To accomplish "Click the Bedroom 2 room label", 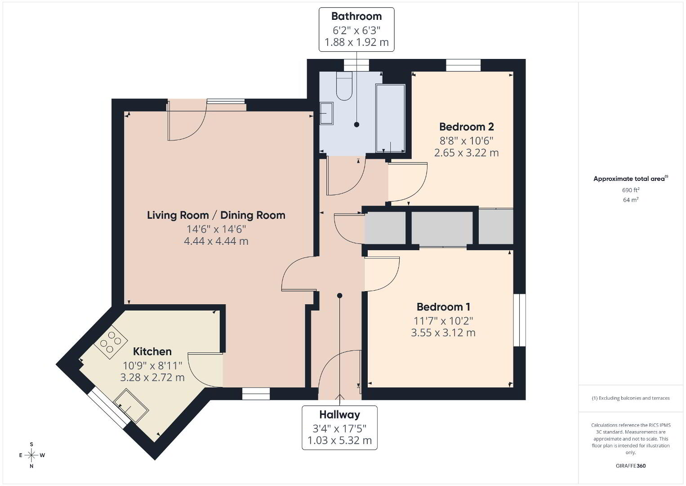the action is click(467, 126).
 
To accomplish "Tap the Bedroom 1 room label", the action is click(443, 306).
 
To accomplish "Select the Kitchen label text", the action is click(152, 351).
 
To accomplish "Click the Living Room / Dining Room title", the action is click(216, 215).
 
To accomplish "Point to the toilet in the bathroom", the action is click(344, 86).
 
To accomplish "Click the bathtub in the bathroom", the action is click(391, 118).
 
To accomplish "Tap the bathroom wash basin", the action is click(326, 113).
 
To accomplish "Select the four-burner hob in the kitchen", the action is click(111, 342).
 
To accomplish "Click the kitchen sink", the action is click(131, 405).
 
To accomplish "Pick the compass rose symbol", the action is click(31, 455).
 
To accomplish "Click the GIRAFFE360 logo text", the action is click(631, 466).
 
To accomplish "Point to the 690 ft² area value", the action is click(631, 190).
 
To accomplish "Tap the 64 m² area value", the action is click(631, 200).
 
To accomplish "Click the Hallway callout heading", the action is click(340, 414).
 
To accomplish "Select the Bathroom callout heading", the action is click(356, 16).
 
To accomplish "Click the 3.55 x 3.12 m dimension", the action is click(443, 333).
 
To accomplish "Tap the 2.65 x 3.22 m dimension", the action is click(467, 153).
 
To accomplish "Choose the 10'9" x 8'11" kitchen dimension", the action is click(152, 365).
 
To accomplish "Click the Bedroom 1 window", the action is click(519, 320).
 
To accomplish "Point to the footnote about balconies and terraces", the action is click(631, 398).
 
